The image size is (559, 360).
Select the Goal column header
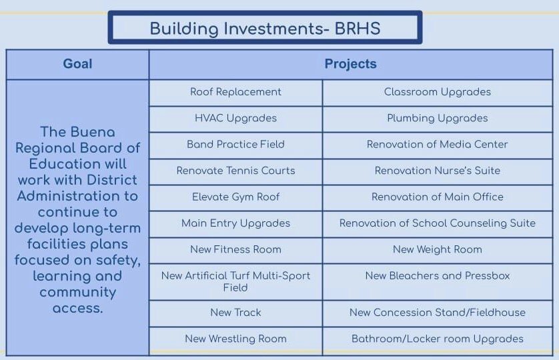click(77, 64)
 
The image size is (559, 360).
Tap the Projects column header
click(350, 64)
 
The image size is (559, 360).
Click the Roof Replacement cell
click(235, 92)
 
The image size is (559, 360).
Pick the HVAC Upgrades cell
click(235, 118)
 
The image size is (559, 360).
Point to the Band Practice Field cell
click(235, 144)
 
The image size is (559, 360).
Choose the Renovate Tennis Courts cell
click(235, 171)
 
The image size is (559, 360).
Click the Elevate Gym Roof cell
click(235, 197)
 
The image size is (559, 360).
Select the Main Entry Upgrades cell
click(235, 223)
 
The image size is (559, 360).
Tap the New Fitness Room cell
click(235, 249)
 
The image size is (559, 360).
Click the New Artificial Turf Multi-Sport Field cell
click(235, 281)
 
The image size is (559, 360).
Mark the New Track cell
click(235, 312)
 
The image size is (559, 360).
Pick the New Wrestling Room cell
click(235, 339)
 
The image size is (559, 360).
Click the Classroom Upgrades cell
click(437, 92)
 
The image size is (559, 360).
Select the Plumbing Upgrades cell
click(437, 118)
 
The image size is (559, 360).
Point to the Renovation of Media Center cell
click(437, 144)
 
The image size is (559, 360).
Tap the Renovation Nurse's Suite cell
click(437, 171)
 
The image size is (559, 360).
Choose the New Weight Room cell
click(437, 249)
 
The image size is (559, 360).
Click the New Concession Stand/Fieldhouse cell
click(437, 312)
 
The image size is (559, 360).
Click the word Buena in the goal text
click(95, 132)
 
